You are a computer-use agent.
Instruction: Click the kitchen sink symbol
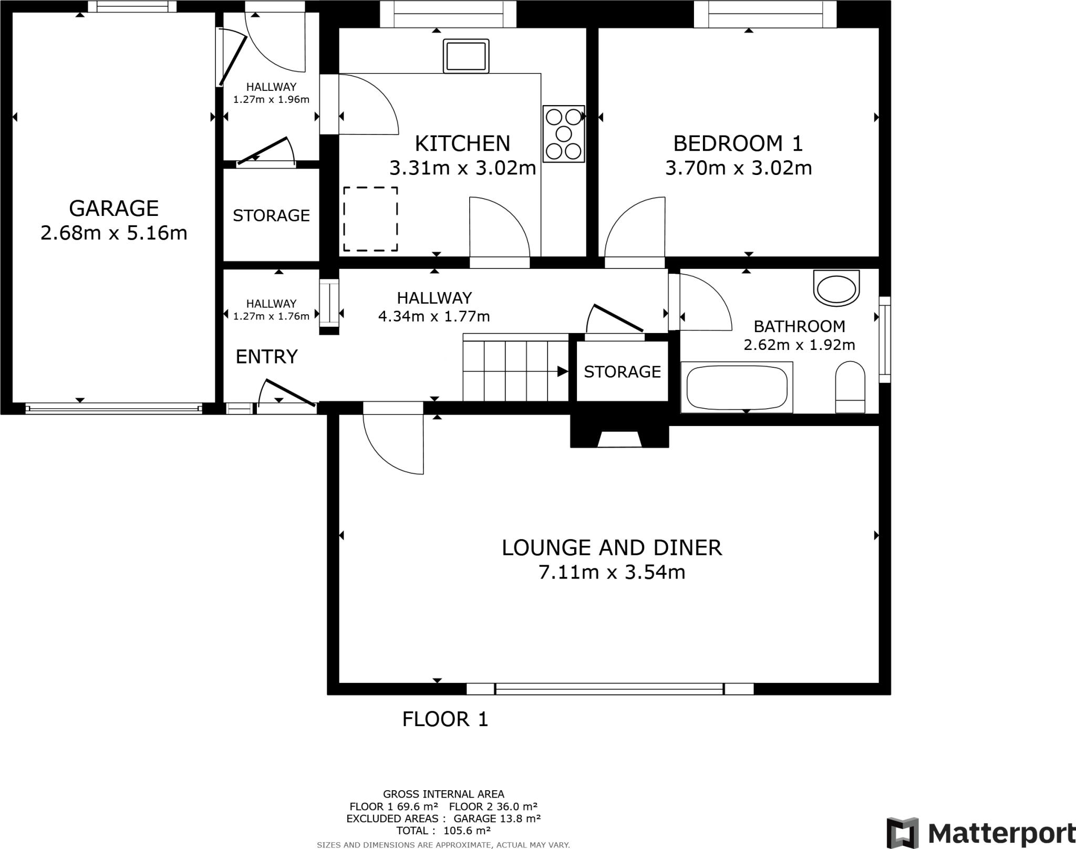tap(466, 56)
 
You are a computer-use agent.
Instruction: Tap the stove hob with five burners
tap(564, 133)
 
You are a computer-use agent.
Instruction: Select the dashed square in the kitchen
tap(370, 219)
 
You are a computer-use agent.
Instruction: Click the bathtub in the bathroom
tap(737, 387)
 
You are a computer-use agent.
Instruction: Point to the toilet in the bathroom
tap(850, 387)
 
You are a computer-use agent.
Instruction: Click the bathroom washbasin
tap(836, 288)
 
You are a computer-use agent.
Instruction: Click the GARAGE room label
tap(113, 209)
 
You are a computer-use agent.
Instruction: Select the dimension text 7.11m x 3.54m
tap(612, 572)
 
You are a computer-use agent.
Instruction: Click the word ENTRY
tap(266, 357)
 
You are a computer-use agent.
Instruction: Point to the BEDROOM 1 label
tap(738, 143)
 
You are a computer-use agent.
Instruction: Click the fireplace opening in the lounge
tap(619, 439)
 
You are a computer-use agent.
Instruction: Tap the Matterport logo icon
tap(902, 833)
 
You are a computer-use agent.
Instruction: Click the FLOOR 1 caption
tap(445, 719)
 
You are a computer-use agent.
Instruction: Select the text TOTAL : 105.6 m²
tap(443, 830)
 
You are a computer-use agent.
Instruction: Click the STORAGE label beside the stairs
tap(622, 372)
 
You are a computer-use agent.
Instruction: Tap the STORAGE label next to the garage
tap(271, 215)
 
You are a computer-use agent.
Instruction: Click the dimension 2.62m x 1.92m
tap(799, 345)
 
